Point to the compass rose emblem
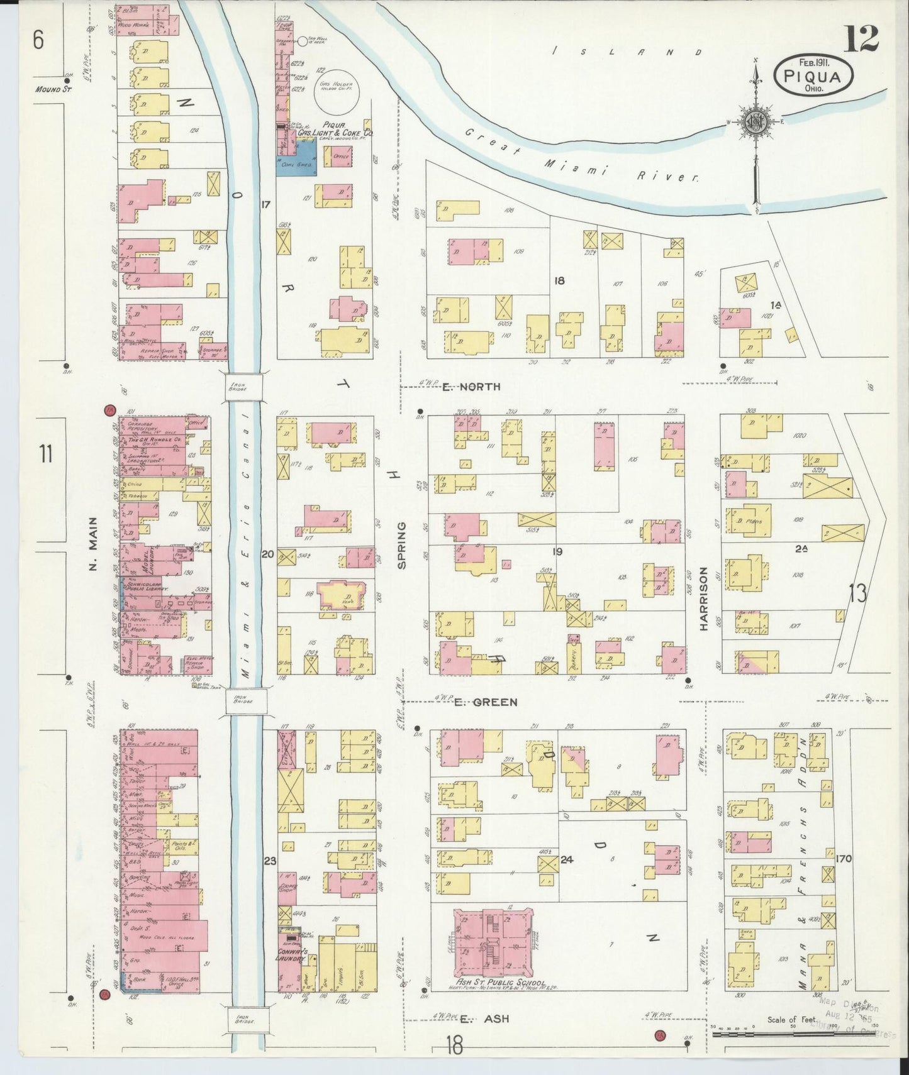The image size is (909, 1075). point(756,124)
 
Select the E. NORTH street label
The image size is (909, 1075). point(471,387)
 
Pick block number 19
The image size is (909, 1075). point(557,551)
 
